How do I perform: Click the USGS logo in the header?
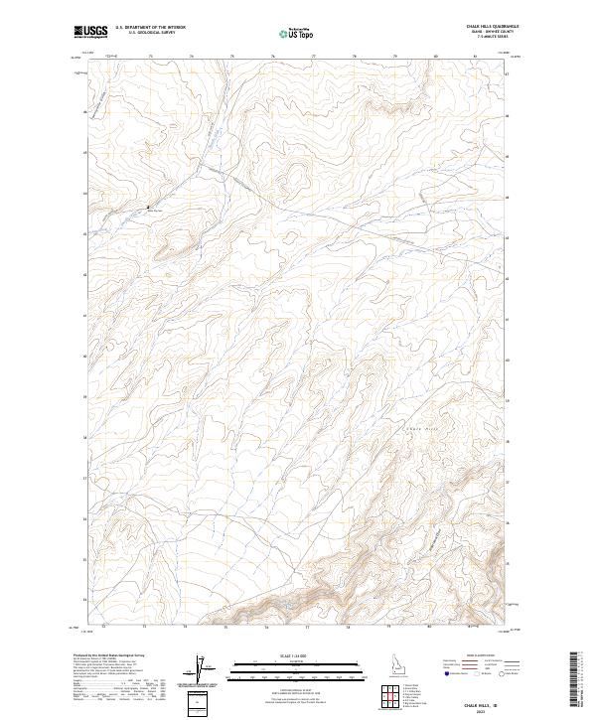coord(90,32)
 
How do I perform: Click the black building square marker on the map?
coord(149,206)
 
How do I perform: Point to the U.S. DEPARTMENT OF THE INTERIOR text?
coord(150,28)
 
